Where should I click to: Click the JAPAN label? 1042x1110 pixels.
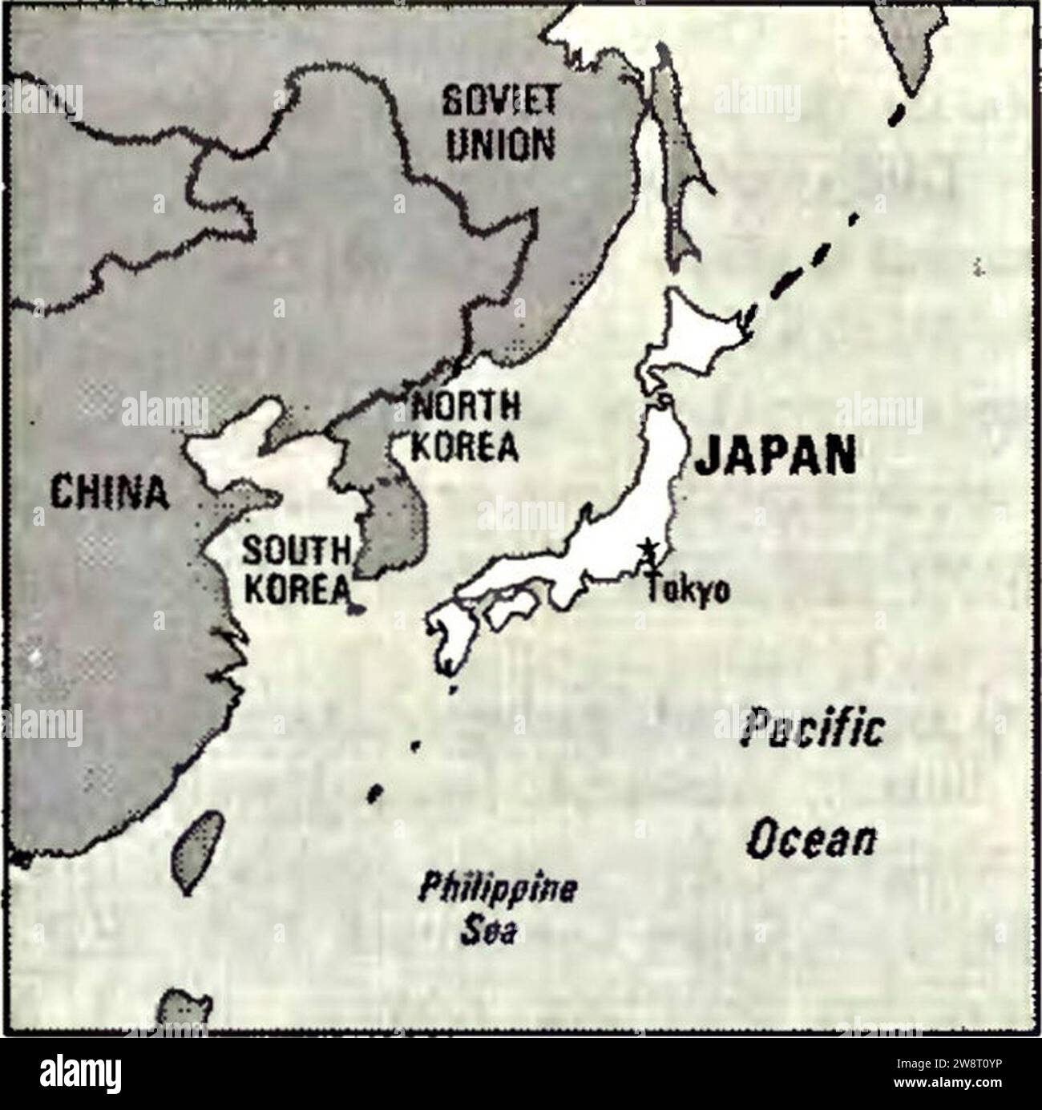[x=774, y=457]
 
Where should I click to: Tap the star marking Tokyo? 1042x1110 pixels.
[x=646, y=550]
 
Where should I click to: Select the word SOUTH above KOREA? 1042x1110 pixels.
[x=297, y=551]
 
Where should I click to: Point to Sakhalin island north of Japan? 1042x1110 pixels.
[x=672, y=160]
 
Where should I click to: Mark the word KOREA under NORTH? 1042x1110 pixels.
[x=465, y=446]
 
